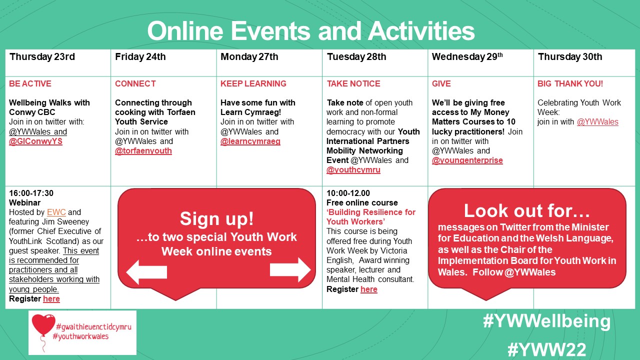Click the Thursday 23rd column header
[42, 56]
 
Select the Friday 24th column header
[140, 56]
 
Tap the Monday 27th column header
[249, 56]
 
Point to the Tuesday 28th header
[356, 56]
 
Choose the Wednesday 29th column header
[467, 56]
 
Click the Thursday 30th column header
[569, 56]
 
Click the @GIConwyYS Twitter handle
[35, 141]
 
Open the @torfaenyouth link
[143, 150]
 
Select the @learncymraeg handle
[250, 141]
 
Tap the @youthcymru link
[353, 169]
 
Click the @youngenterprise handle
[467, 160]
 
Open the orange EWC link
[56, 212]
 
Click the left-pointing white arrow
[146, 271]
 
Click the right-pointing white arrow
[290, 269]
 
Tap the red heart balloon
[43, 325]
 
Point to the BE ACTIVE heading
[30, 83]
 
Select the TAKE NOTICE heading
[353, 83]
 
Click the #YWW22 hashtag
[546, 349]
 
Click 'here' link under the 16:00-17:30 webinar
[51, 298]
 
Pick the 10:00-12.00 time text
[348, 193]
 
